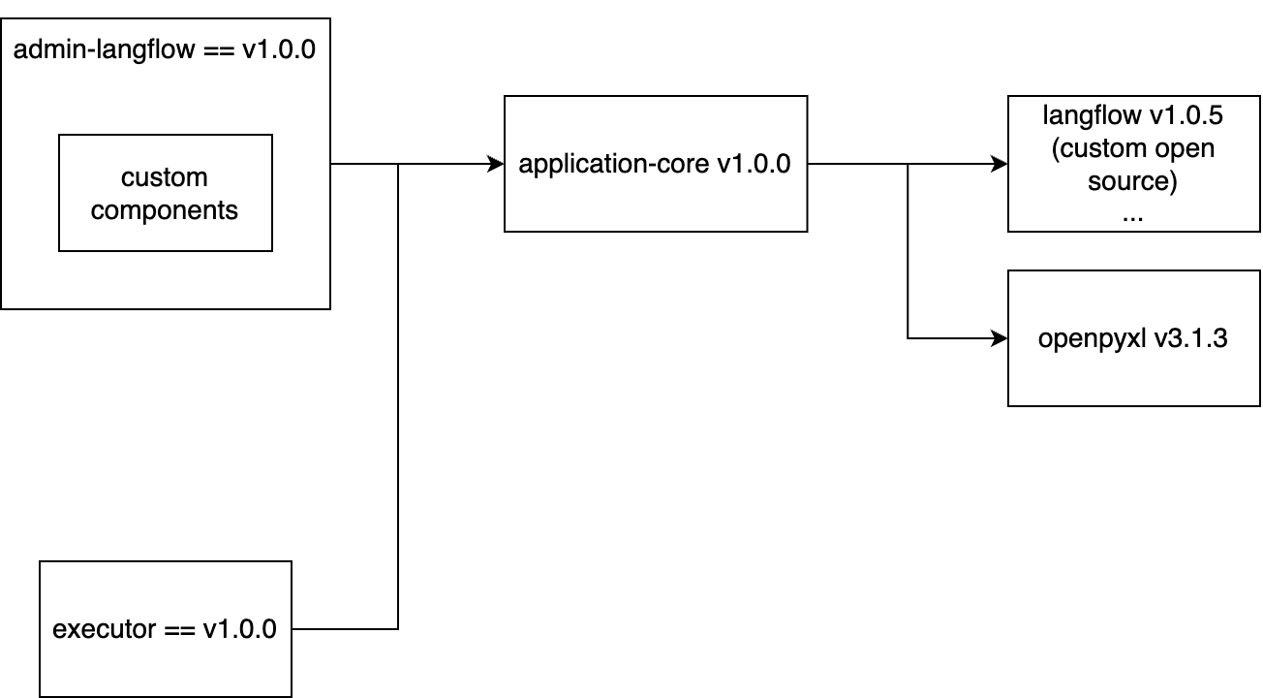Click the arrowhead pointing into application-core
click(496, 164)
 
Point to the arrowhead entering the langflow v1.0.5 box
click(1000, 164)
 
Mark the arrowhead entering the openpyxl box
click(1000, 338)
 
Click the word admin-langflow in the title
click(105, 49)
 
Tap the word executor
click(104, 629)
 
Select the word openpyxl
click(1092, 339)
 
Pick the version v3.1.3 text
click(1190, 338)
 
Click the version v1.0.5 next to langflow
click(1186, 115)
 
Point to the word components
click(164, 211)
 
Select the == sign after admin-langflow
click(218, 50)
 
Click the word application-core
click(613, 164)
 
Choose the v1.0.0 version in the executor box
click(239, 629)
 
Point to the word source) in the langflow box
click(1132, 181)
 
